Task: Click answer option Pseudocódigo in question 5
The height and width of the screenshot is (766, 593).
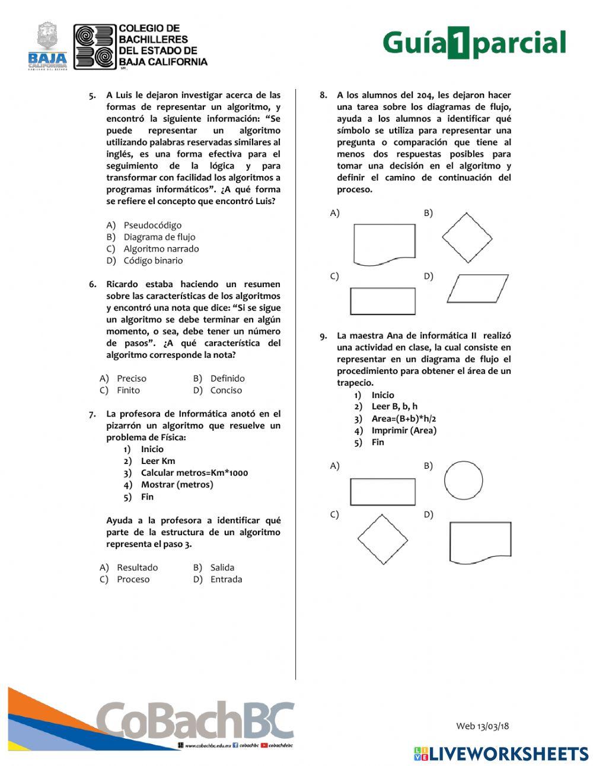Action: pyautogui.click(x=152, y=225)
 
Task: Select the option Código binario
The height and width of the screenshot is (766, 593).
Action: pyautogui.click(x=153, y=260)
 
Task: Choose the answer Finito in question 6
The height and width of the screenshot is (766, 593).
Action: pyautogui.click(x=128, y=390)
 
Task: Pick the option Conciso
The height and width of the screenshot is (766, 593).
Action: pyautogui.click(x=226, y=390)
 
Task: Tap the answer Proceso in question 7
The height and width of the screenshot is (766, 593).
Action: pyautogui.click(x=133, y=579)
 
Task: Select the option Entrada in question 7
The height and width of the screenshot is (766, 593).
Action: pyautogui.click(x=226, y=579)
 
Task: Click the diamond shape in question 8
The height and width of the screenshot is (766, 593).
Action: pyautogui.click(x=467, y=237)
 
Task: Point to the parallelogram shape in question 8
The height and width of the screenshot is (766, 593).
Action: pyautogui.click(x=477, y=288)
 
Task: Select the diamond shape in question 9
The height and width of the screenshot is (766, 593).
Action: pyautogui.click(x=382, y=539)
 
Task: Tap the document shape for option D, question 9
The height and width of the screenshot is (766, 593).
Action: pyautogui.click(x=480, y=542)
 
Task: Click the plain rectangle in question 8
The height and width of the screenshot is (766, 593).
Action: pyautogui.click(x=382, y=301)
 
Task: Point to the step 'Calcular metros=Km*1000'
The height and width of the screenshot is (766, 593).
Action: pyautogui.click(x=194, y=473)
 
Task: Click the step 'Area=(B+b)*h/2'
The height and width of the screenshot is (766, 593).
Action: pyautogui.click(x=403, y=418)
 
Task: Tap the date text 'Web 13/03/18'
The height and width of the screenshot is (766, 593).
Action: pyautogui.click(x=482, y=726)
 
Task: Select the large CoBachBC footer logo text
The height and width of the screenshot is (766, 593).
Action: pyautogui.click(x=196, y=720)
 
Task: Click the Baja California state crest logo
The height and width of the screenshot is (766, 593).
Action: pyautogui.click(x=47, y=46)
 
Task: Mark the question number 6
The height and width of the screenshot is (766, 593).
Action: pyautogui.click(x=93, y=284)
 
